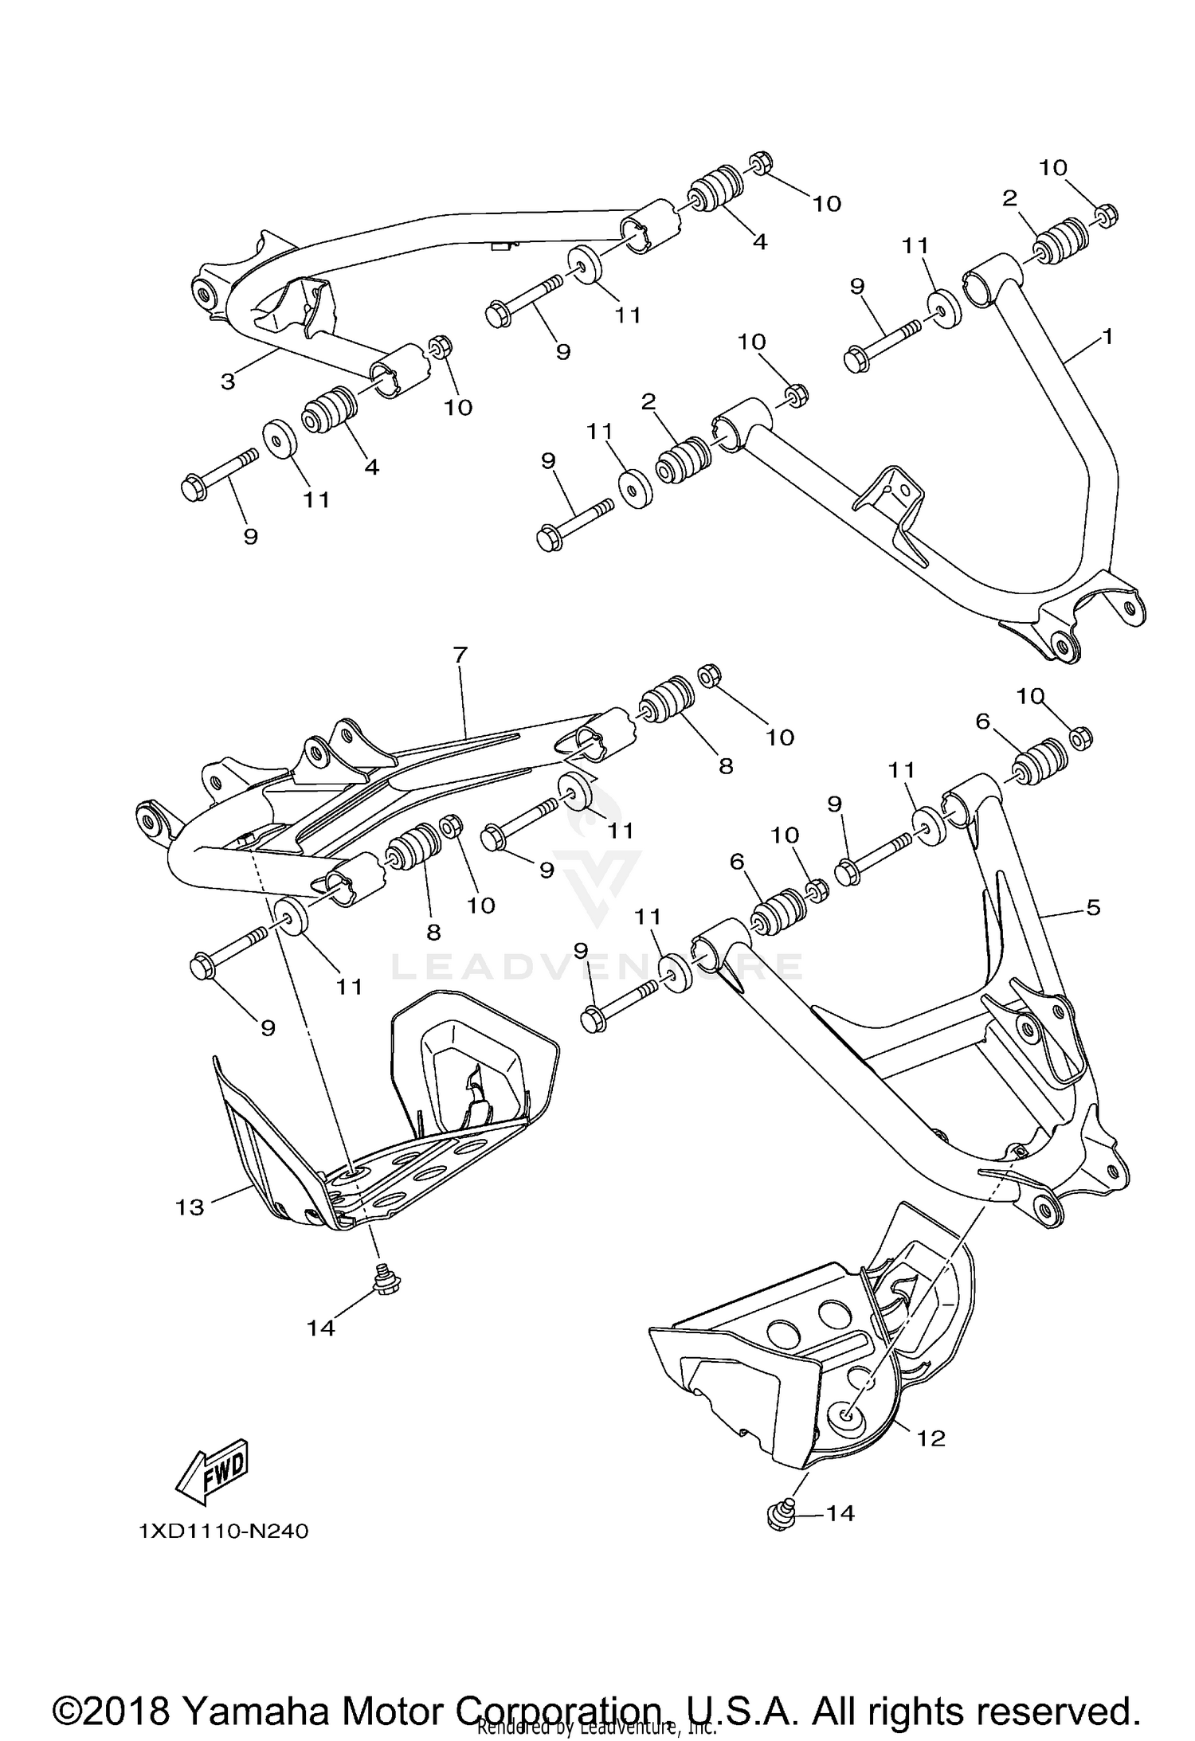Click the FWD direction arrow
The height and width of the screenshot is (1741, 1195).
tap(212, 1473)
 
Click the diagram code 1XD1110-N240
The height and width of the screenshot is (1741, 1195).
tap(223, 1531)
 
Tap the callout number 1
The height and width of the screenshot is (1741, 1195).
tap(1107, 336)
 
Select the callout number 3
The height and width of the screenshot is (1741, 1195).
tap(229, 381)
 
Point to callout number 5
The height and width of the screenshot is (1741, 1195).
tap(1093, 906)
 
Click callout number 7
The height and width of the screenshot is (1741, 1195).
tap(460, 655)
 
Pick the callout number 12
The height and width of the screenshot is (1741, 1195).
tap(931, 1438)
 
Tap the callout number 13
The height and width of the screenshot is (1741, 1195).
tap(190, 1207)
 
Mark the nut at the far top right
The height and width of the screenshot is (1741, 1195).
tap(1105, 215)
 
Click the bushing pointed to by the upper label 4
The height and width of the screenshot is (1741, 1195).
tap(714, 189)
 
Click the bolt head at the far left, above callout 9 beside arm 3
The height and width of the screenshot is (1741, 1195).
tap(194, 487)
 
